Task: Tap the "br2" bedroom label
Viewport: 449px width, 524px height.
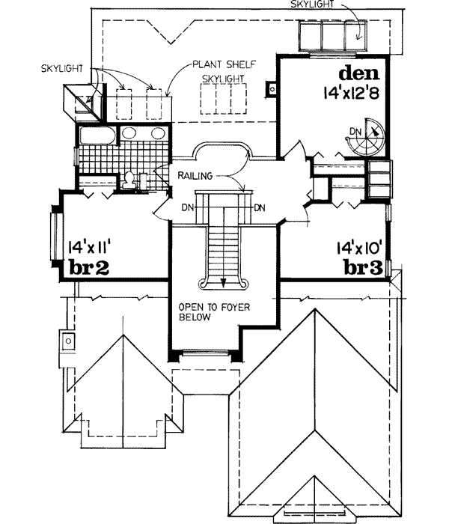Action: click(x=90, y=267)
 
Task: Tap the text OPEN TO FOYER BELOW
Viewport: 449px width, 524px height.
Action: click(x=204, y=311)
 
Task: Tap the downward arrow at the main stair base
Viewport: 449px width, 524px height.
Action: click(x=224, y=280)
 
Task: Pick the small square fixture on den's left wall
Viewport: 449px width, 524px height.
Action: click(x=272, y=90)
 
